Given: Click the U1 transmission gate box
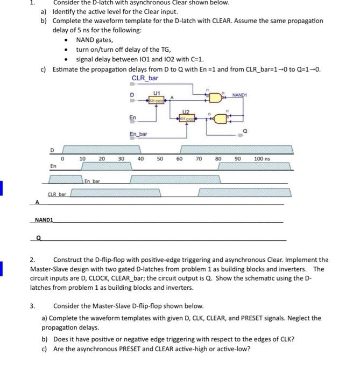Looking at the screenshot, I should [157, 100].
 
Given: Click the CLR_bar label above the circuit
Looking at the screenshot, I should [145, 79].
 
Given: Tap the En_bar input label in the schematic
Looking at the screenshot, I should [138, 134].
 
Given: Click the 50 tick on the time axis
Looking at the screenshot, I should [160, 159].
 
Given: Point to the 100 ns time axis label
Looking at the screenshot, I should [263, 159].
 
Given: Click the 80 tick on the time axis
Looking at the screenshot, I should [218, 159].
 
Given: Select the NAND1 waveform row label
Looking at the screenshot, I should [44, 220].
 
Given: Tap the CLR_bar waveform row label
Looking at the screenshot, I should [57, 193].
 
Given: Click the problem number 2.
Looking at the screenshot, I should [32, 260].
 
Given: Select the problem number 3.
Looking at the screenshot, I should [32, 306].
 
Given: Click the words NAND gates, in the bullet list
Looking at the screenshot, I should [95, 40].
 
